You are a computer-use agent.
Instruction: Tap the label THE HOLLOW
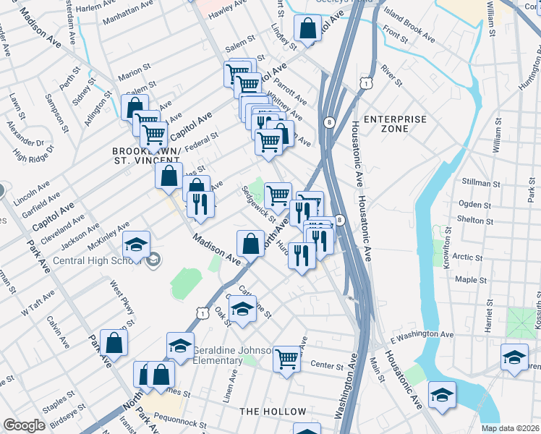coord(273,412)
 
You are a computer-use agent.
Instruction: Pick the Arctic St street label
coord(467,257)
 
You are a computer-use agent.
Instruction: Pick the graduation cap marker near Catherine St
coord(243,309)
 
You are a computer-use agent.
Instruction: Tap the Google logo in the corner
coord(24,425)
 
